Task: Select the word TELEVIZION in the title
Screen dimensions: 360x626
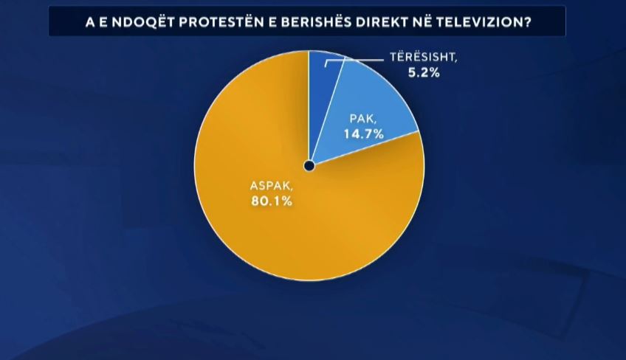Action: (477, 22)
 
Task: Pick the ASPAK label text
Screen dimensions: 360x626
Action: (269, 185)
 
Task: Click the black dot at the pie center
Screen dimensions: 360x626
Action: (309, 166)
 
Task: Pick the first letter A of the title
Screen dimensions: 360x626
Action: (92, 22)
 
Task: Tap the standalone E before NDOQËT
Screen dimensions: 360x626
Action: (107, 22)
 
